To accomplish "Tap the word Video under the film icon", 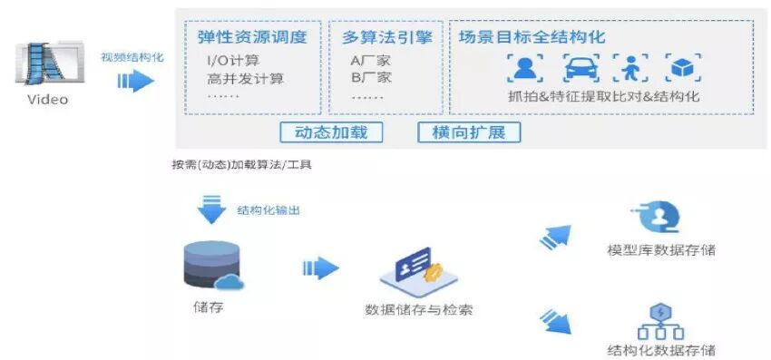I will (x=46, y=99).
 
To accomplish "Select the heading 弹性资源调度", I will (x=251, y=37).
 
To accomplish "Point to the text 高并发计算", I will (x=245, y=78).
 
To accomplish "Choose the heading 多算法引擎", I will (x=386, y=37).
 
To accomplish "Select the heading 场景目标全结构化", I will (x=532, y=37).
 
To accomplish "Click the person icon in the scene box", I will (x=523, y=68).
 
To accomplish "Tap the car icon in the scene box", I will (x=581, y=68).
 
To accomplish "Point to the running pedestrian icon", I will (x=630, y=68).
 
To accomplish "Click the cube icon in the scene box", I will (x=681, y=68).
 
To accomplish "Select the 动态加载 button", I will (x=331, y=131).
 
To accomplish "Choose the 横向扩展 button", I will (x=469, y=131).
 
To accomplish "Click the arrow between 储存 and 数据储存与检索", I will (x=319, y=268).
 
